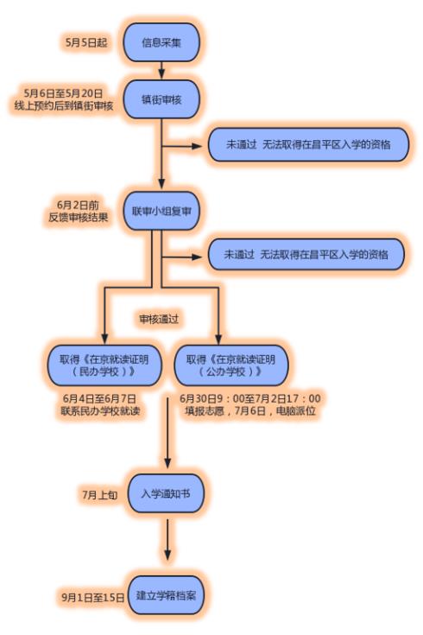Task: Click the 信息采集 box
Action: coord(162,41)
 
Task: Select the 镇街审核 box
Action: coord(162,99)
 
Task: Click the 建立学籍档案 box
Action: coord(167,596)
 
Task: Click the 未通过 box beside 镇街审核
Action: coord(306,145)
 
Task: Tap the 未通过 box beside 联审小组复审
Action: coord(306,255)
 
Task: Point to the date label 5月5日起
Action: coord(86,41)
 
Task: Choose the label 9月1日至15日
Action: coord(90,596)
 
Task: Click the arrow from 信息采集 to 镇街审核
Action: coord(161,72)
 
